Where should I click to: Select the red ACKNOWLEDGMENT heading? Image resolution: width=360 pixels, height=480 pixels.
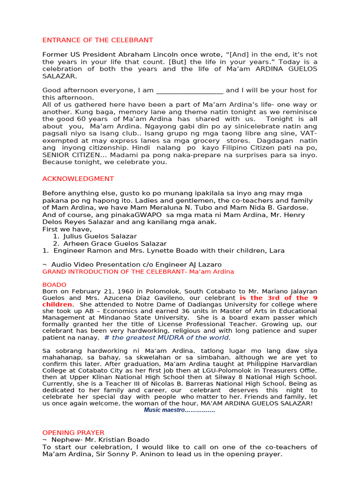point(78,179)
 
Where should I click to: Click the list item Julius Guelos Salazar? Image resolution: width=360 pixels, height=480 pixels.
point(100,236)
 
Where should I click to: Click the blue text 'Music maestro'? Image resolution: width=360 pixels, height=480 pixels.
point(179,410)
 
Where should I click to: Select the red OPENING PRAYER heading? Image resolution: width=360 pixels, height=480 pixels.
point(73,432)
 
